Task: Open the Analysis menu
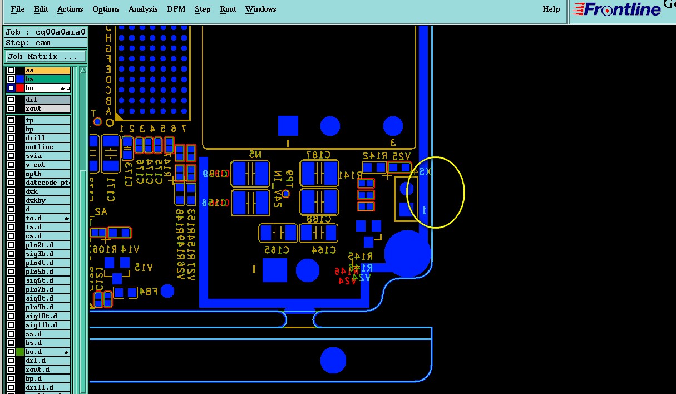coord(142,9)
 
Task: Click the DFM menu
coord(177,9)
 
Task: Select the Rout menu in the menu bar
coord(228,9)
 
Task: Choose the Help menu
coord(551,9)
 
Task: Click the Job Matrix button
coord(46,57)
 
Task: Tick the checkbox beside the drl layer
coord(11,100)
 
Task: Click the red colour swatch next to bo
coord(20,88)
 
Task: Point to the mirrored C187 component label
coord(318,154)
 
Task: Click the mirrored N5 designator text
coord(255,154)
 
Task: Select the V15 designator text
coord(143,268)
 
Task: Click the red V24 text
coord(347,281)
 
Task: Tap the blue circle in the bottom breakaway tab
coord(333,360)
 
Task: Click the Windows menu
coord(260,9)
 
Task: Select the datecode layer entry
coord(47,183)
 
